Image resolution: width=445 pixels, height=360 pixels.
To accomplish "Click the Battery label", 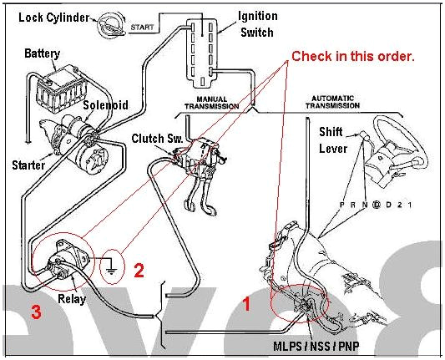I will point(42,53).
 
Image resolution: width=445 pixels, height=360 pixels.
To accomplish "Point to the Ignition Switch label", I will point(259,23).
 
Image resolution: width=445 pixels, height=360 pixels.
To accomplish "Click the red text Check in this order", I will point(352,57).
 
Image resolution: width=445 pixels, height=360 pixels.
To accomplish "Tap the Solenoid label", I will point(104,105).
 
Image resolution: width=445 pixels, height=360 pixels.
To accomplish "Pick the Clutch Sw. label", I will point(153,137).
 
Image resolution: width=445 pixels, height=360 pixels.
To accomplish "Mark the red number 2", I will point(139,270).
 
